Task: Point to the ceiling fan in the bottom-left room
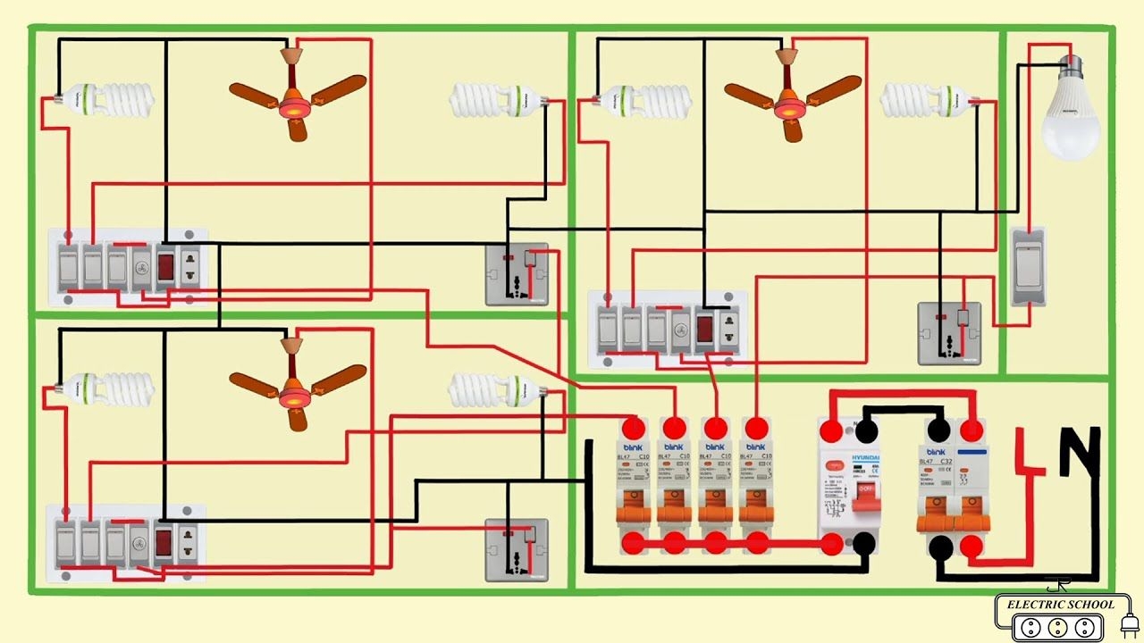point(295,382)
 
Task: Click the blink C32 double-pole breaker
point(954,487)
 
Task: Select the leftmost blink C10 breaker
point(633,487)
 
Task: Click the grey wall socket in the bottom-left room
point(516,550)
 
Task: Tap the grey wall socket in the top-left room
point(517,273)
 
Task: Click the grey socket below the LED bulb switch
point(949,333)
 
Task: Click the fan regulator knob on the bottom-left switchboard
point(140,542)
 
